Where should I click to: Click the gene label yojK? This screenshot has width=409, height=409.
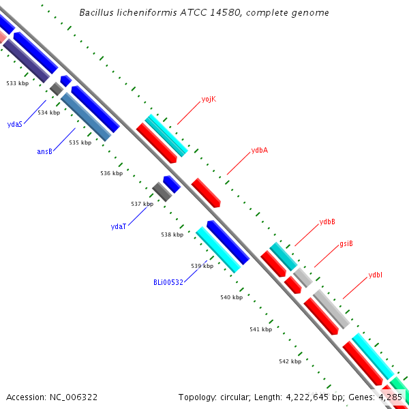click(209, 99)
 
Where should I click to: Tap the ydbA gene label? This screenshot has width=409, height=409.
click(260, 151)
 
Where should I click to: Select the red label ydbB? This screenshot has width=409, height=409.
click(327, 222)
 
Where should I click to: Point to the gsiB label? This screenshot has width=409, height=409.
click(346, 243)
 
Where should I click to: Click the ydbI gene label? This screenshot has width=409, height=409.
click(376, 275)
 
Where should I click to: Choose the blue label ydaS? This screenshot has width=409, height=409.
click(15, 124)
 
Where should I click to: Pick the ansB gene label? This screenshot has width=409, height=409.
click(44, 151)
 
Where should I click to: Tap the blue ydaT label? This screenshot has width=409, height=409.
click(119, 226)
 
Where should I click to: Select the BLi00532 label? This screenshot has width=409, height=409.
click(168, 282)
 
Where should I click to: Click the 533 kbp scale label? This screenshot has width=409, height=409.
click(18, 83)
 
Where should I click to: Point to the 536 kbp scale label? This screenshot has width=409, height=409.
click(111, 173)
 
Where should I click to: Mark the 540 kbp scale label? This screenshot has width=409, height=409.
click(231, 297)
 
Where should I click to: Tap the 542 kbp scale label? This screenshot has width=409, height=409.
click(290, 361)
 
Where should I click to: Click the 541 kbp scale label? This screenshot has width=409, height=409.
click(261, 329)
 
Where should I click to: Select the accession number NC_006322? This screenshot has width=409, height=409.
click(74, 397)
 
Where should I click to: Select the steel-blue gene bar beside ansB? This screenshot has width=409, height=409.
click(86, 117)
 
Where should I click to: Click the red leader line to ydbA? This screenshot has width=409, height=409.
click(239, 164)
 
